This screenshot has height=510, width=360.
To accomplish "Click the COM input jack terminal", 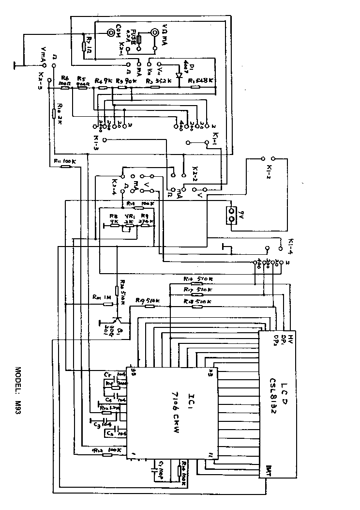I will point(112,32).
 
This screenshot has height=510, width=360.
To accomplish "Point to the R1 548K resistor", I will point(195,88).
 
